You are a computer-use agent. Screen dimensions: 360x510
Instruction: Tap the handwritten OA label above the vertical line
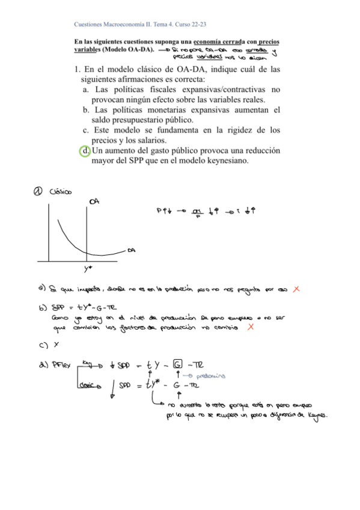94,201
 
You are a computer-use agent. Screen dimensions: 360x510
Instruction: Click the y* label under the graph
88,269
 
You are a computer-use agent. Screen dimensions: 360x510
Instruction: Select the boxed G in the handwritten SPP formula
177,365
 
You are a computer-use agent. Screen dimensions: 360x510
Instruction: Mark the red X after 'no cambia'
250,327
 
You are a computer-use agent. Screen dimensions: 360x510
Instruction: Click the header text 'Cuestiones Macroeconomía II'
114,25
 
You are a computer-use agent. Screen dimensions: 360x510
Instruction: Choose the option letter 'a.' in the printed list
87,90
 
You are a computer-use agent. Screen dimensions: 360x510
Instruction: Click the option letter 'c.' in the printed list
87,129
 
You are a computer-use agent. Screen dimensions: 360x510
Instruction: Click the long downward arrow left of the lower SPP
114,384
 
